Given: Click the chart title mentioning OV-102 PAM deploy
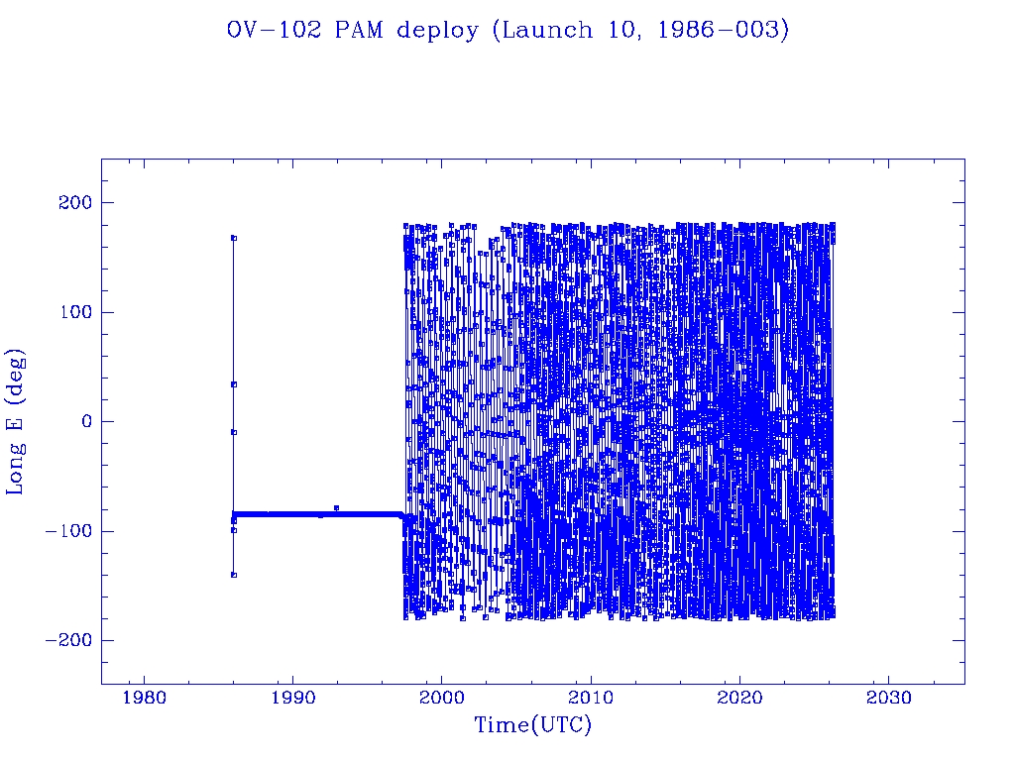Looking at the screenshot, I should pyautogui.click(x=507, y=31).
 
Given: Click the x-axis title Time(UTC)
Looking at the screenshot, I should pyautogui.click(x=532, y=726).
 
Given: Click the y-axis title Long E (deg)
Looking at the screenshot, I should pyautogui.click(x=16, y=421).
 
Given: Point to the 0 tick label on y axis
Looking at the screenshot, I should pyautogui.click(x=85, y=422).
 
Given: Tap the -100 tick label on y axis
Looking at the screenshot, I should pyautogui.click(x=66, y=531).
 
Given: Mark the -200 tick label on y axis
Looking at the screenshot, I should pyautogui.click(x=66, y=640).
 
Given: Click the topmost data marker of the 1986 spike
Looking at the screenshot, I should pyautogui.click(x=234, y=238).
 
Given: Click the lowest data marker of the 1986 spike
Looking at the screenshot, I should pyautogui.click(x=234, y=575).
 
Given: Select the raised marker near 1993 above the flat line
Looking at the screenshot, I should pyautogui.click(x=337, y=507).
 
